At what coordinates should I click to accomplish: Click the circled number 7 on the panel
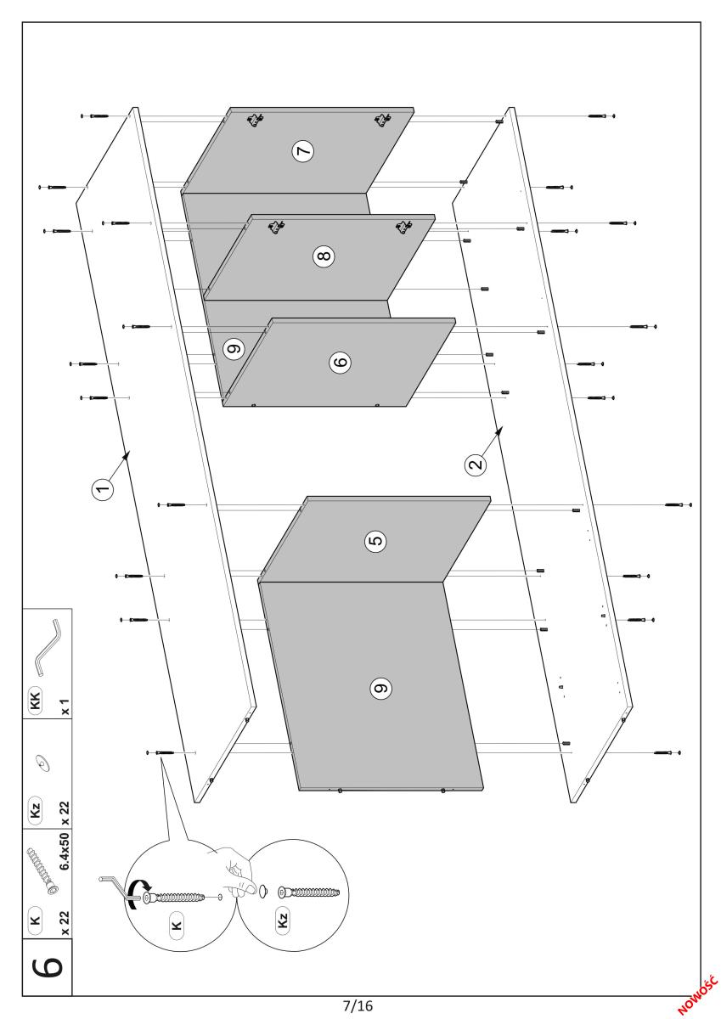click(303, 150)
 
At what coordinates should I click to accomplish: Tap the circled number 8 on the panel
click(324, 256)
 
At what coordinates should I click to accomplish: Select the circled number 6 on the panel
click(341, 362)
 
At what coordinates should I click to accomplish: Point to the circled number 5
click(375, 541)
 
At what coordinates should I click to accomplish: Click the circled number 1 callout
click(104, 489)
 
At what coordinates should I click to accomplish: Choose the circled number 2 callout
click(476, 465)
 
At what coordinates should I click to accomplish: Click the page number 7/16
click(358, 1005)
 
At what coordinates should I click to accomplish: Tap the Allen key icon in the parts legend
click(48, 647)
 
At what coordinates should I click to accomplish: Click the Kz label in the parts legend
click(36, 810)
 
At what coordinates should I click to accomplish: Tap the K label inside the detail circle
click(177, 925)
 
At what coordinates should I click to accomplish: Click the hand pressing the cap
click(235, 870)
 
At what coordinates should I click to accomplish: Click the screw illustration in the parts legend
click(42, 864)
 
